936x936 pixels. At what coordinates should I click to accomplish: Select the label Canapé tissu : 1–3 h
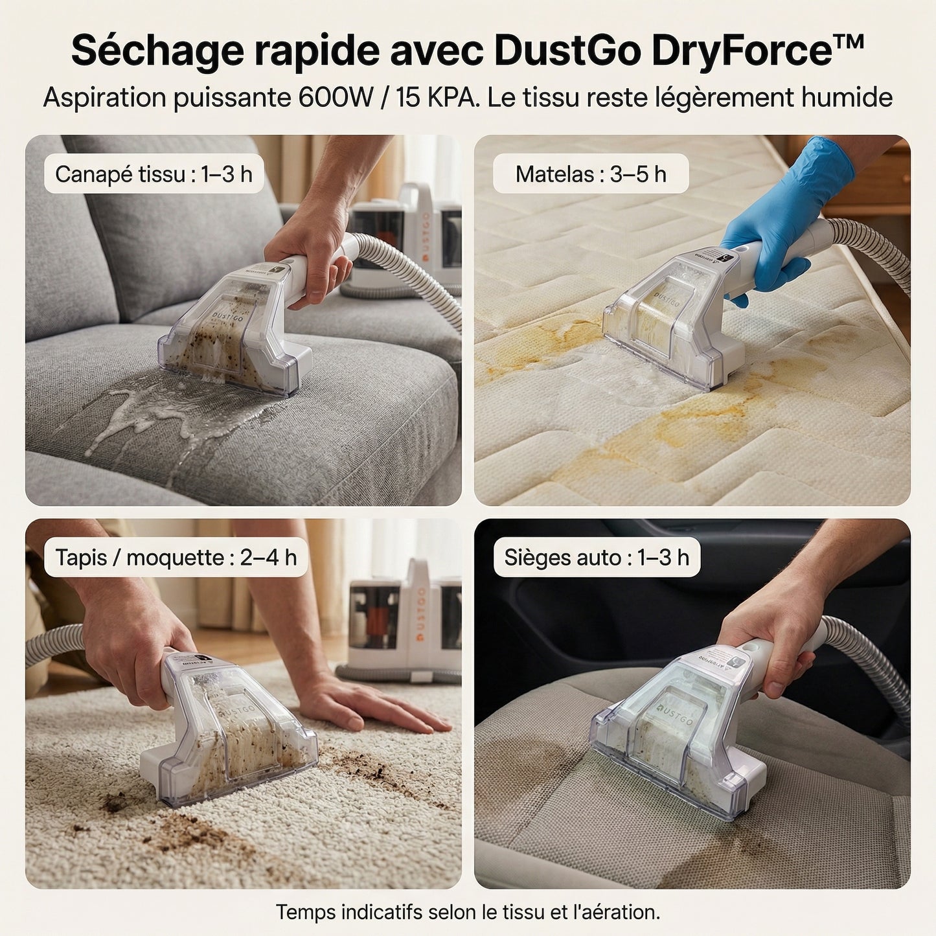tap(154, 174)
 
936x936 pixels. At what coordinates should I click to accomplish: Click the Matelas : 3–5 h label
tap(591, 174)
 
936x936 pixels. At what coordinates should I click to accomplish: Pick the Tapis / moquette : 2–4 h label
tap(176, 557)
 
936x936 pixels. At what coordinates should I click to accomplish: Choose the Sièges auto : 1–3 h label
tap(597, 557)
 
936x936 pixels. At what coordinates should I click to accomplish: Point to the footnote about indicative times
tap(468, 912)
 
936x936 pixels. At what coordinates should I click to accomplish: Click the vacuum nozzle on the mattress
tap(674, 317)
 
